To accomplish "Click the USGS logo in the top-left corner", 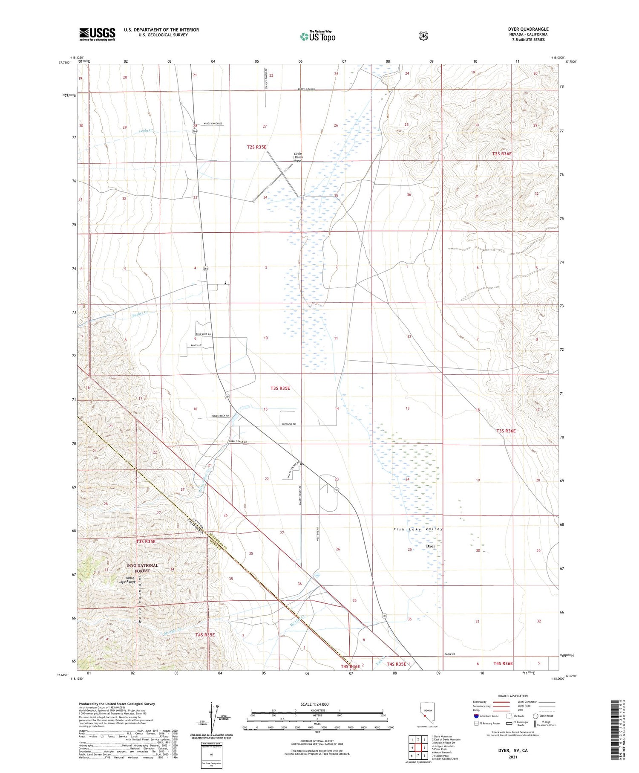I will coord(97,34).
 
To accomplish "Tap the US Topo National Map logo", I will coord(318,36).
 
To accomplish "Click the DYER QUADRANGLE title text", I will coord(528,29).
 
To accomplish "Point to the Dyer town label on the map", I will coord(431,546).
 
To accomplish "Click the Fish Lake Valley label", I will coord(418,529).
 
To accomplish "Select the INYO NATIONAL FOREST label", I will coord(142,568).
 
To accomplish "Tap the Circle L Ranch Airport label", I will coord(297,157).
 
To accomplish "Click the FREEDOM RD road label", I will coord(288,424).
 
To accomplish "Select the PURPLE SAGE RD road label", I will coord(238,442).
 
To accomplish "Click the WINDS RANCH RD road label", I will coord(213,124).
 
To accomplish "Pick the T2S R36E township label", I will coord(502,153).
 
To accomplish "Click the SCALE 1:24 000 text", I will coord(314,704).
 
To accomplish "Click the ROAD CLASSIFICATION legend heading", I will coord(513,696).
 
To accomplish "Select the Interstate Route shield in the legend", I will coord(476,716).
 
